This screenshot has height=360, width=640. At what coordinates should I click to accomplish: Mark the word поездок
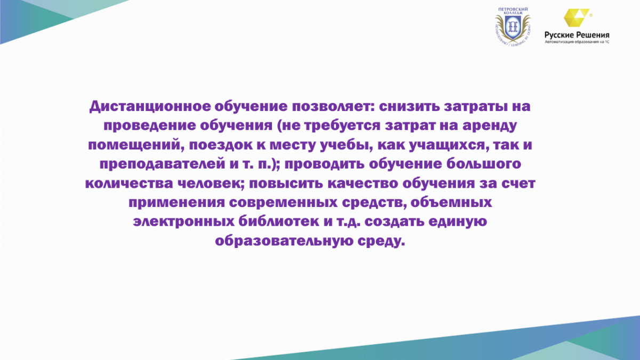click(x=221, y=145)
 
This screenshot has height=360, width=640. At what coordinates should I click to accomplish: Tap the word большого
click(x=483, y=164)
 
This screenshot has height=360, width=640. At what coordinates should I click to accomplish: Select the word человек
click(x=211, y=183)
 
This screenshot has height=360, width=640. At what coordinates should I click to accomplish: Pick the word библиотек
click(x=278, y=221)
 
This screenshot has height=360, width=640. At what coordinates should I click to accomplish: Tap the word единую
click(x=458, y=222)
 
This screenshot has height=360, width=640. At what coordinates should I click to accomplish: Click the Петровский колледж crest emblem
click(x=513, y=28)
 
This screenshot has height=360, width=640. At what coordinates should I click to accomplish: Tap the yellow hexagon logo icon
click(x=577, y=18)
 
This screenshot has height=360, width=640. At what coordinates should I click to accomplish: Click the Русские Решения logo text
click(x=577, y=35)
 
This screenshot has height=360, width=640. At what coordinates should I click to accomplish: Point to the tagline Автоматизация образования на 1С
click(x=577, y=42)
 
